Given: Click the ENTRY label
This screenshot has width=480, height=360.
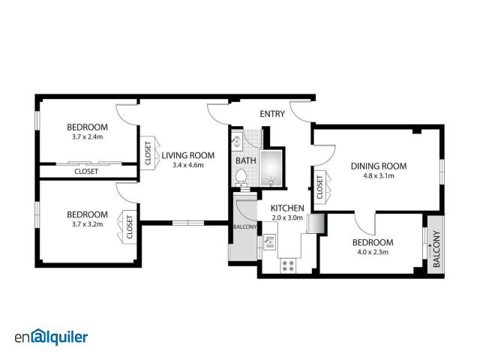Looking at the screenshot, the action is [272, 114].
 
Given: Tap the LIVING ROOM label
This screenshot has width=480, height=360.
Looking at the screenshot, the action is [188, 155].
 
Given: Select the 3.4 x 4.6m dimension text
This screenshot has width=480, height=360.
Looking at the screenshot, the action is [188, 165].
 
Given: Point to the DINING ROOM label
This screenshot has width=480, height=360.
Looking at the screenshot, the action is [379, 166].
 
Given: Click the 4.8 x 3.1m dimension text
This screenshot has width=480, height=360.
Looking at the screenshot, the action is [379, 176].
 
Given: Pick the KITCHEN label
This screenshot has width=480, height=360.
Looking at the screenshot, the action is [287, 208].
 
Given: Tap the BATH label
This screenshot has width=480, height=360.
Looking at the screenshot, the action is [246, 160].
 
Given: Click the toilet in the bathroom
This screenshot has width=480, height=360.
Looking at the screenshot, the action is [241, 178].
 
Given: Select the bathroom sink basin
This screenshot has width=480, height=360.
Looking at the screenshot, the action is [236, 142].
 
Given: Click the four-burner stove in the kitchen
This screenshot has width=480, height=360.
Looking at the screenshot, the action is [288, 265].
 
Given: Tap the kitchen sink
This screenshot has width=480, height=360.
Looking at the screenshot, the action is [270, 241].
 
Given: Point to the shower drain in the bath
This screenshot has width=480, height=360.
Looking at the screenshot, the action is [271, 181].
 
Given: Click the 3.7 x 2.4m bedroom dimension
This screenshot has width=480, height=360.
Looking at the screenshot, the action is [88, 136].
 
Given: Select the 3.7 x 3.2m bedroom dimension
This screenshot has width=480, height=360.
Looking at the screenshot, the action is [88, 224].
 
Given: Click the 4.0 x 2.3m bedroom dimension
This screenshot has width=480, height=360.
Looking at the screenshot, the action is [373, 252].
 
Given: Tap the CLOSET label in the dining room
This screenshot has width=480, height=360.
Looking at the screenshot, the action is [320, 187].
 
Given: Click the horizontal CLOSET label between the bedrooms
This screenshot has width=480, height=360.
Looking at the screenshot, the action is [86, 172].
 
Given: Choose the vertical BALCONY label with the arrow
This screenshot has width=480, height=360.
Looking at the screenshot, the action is [436, 249].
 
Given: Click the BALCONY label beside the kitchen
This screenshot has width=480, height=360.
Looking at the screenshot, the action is [245, 226].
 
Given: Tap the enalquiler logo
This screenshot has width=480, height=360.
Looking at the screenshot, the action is [51, 337].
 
